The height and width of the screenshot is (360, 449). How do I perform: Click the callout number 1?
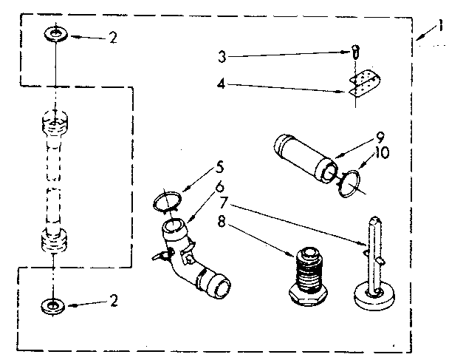click(x=440, y=27)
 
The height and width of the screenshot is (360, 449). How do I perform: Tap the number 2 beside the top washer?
click(x=112, y=38)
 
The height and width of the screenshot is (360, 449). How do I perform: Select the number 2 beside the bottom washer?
click(x=112, y=300)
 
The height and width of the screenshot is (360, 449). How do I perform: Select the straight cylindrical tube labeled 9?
click(x=303, y=157)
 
